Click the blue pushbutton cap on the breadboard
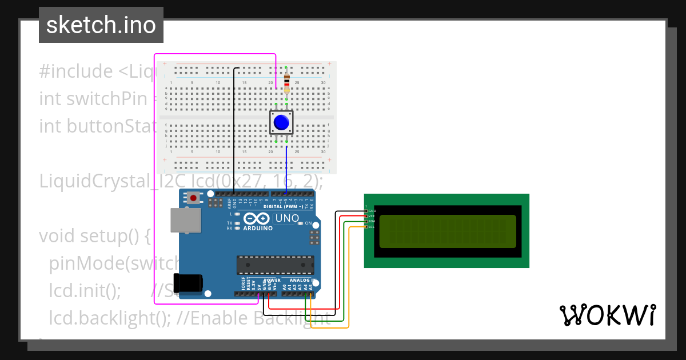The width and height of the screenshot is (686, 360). (x=281, y=122)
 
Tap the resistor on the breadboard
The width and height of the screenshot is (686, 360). (x=286, y=82)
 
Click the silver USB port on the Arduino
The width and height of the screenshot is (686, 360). (x=186, y=221)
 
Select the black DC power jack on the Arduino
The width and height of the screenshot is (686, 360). (x=188, y=283)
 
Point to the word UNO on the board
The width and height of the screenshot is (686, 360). (x=287, y=218)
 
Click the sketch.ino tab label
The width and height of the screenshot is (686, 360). (x=101, y=25)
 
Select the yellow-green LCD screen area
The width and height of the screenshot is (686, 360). (x=447, y=231)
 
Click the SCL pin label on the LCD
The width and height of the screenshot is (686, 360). (x=371, y=227)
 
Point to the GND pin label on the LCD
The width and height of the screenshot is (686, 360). (x=372, y=211)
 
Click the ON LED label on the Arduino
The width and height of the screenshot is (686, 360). (x=308, y=223)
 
